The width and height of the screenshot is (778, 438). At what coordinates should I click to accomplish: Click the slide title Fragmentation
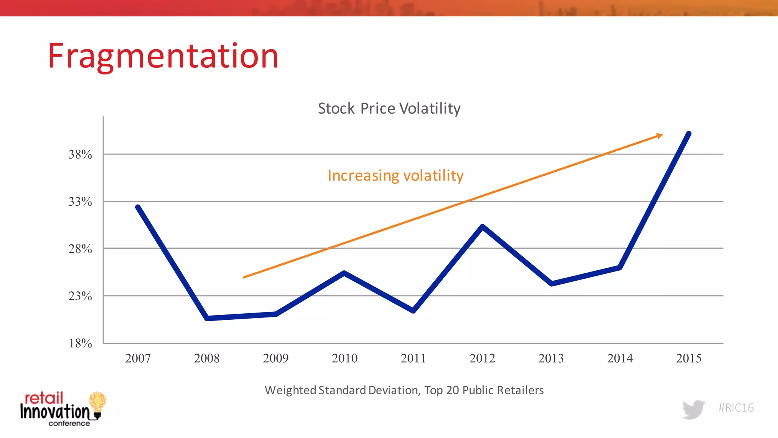click(163, 56)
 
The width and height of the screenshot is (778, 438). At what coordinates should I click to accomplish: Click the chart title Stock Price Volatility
click(389, 108)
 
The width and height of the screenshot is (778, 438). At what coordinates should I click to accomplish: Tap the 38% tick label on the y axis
click(80, 154)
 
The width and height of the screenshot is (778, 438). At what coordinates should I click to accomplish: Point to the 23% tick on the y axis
click(80, 296)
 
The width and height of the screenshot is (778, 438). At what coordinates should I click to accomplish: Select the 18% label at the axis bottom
click(80, 343)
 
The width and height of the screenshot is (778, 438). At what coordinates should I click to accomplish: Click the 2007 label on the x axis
click(138, 358)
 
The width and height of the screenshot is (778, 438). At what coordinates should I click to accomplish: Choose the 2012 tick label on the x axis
click(482, 358)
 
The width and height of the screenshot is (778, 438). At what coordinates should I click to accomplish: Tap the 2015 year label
click(689, 358)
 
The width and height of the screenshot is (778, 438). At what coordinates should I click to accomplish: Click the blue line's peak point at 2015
click(689, 134)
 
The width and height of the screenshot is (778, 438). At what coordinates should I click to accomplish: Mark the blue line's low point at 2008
click(207, 318)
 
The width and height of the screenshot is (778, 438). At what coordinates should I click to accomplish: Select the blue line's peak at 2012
click(482, 227)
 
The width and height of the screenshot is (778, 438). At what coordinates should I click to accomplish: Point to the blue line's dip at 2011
click(413, 311)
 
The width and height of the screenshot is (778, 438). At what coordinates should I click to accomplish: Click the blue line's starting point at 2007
click(138, 207)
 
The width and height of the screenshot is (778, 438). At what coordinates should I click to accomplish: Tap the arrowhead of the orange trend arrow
click(660, 136)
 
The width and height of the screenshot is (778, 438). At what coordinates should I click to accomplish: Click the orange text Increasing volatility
click(395, 176)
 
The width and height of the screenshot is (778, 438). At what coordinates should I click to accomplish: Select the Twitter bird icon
click(693, 409)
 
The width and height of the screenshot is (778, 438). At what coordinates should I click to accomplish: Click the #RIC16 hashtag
click(736, 408)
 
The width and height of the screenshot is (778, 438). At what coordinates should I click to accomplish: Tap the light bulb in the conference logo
click(97, 404)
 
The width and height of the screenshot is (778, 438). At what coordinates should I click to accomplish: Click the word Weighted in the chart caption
click(290, 390)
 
